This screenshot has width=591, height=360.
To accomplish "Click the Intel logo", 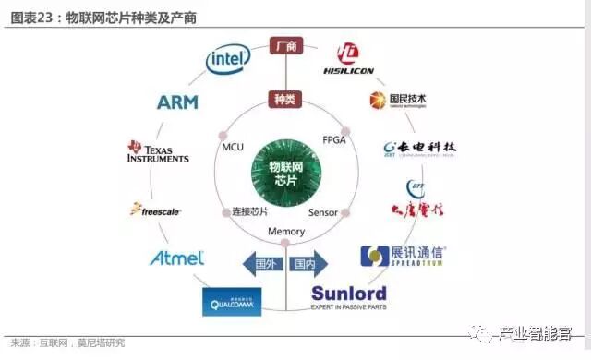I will (228, 60).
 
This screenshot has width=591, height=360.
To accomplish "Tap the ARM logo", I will (178, 102).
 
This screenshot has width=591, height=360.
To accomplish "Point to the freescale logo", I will (156, 210).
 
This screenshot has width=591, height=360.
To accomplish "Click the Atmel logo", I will (176, 258).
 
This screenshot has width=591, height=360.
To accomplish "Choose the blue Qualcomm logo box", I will (231, 301).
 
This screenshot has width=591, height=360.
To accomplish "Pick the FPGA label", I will (334, 139).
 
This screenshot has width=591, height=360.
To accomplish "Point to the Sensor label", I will (323, 213).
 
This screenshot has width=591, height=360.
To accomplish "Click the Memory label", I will (285, 231).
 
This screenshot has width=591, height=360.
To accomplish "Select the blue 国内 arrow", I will (305, 264).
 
